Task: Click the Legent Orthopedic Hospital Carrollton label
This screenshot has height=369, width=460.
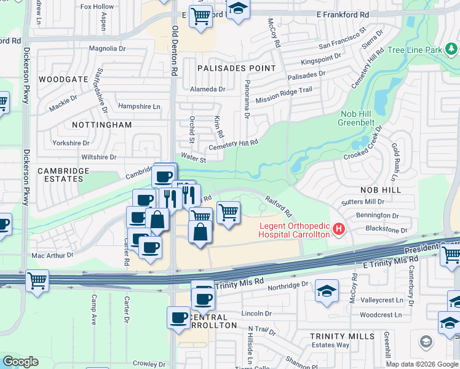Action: pos(293,230)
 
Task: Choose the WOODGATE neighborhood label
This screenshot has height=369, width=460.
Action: pos(63,80)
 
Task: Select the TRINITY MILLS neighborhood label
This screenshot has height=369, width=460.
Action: pos(342,336)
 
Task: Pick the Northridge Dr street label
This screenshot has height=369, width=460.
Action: pos(288,285)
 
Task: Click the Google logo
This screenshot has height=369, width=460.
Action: pos(20,362)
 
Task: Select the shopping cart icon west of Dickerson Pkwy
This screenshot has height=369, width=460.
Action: pos(37,282)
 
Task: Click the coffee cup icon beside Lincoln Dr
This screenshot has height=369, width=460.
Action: pos(178,318)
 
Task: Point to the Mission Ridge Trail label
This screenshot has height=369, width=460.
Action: pos(284,94)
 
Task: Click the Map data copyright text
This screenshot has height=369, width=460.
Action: pos(422,364)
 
